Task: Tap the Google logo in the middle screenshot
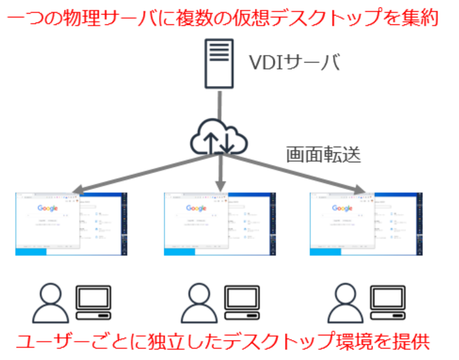pos(196,208)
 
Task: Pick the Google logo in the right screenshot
pos(342,208)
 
